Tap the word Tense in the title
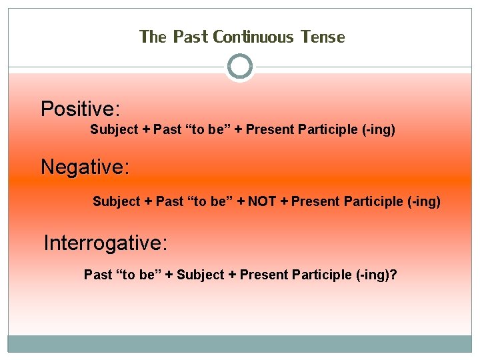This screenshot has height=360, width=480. point(323,37)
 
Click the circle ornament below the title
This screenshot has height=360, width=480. point(240,67)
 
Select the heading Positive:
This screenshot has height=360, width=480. point(80,109)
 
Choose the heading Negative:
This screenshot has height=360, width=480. point(85,167)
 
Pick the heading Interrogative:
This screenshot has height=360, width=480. point(105,243)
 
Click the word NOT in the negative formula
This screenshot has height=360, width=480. point(262,201)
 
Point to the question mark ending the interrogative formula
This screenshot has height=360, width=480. point(395,275)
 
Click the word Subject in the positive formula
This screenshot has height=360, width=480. point(114,129)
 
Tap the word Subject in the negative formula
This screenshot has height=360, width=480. point(117,201)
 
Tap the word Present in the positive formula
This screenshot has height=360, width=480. point(269,129)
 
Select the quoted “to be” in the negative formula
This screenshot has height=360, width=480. point(206,201)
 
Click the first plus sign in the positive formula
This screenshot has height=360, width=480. point(146,129)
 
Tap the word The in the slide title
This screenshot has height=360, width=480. point(153,37)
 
